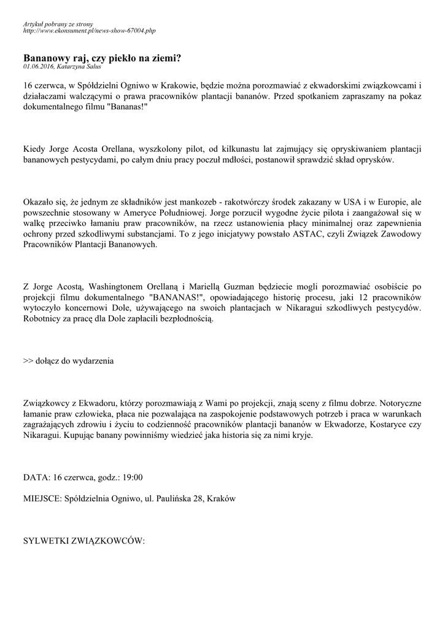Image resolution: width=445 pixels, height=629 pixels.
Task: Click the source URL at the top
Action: pos(89,30)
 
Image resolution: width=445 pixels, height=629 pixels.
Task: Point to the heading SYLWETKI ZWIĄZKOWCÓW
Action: pos(83,541)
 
